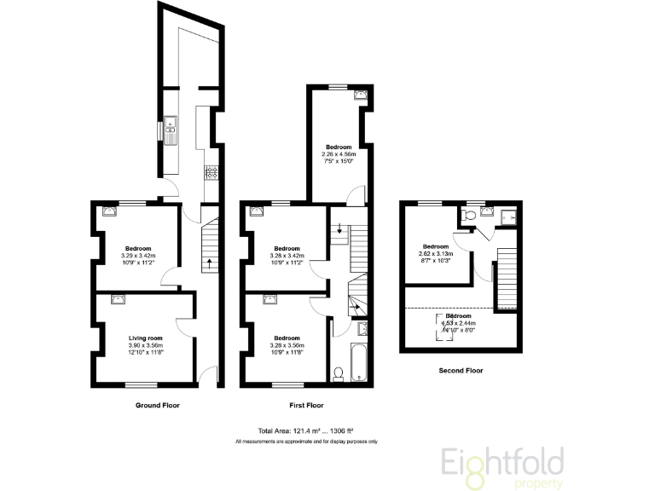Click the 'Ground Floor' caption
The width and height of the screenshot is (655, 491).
click(x=158, y=405)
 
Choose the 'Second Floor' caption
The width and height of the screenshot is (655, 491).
click(x=461, y=371)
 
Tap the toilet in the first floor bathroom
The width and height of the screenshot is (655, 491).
click(x=338, y=373)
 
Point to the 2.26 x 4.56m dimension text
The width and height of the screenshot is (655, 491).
click(x=339, y=154)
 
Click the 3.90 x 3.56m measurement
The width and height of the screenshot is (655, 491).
click(x=139, y=344)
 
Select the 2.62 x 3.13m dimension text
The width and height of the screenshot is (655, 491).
click(x=436, y=253)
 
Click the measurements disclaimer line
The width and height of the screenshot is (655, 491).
click(x=305, y=442)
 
